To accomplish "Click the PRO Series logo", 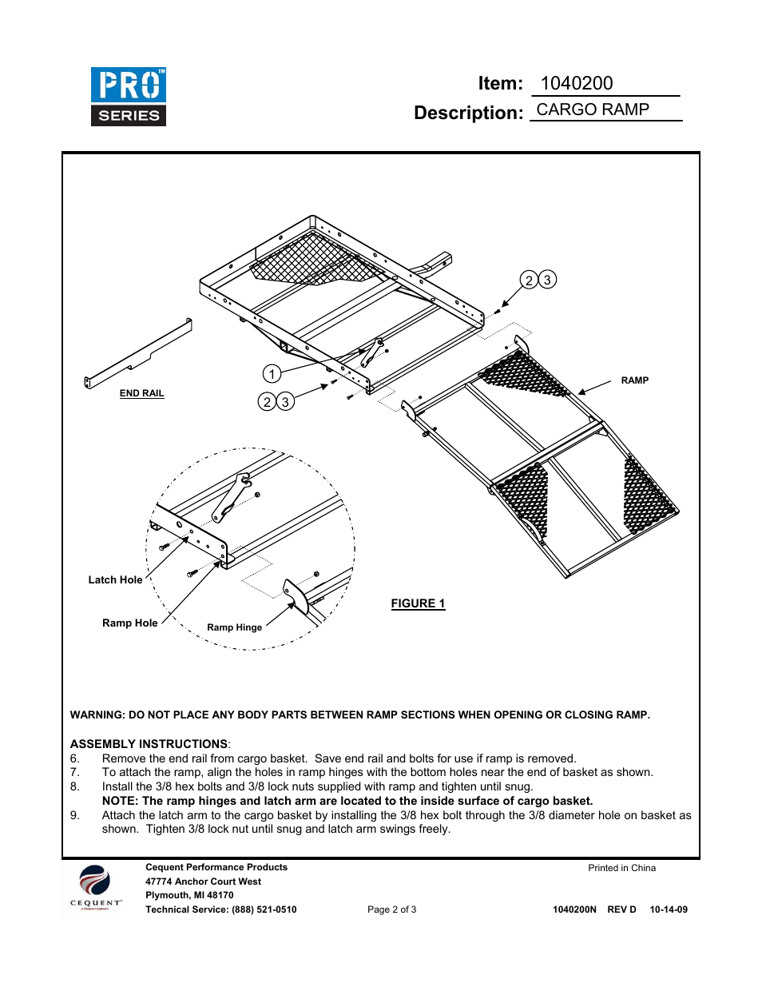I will (x=129, y=97).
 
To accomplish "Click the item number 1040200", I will (x=577, y=84).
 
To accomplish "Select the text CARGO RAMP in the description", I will (x=593, y=109).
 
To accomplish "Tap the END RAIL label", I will (x=141, y=393).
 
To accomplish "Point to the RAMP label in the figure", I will (x=634, y=380).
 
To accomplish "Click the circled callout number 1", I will (x=272, y=374).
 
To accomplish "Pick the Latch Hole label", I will (x=115, y=580).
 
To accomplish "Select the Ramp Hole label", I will (x=129, y=623).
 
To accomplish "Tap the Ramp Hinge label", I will (x=234, y=627).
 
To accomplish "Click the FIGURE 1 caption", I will (x=418, y=603).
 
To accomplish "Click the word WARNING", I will (x=97, y=715).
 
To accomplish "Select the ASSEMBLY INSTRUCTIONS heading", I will (x=149, y=744).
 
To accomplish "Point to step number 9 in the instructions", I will (x=74, y=815).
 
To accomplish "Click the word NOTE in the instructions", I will (x=119, y=801).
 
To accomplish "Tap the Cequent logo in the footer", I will (x=95, y=887).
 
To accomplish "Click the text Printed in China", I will (x=621, y=868).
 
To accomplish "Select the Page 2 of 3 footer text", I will (x=391, y=909).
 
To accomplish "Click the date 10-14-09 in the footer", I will (x=669, y=909).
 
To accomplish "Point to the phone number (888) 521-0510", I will (x=264, y=909).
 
